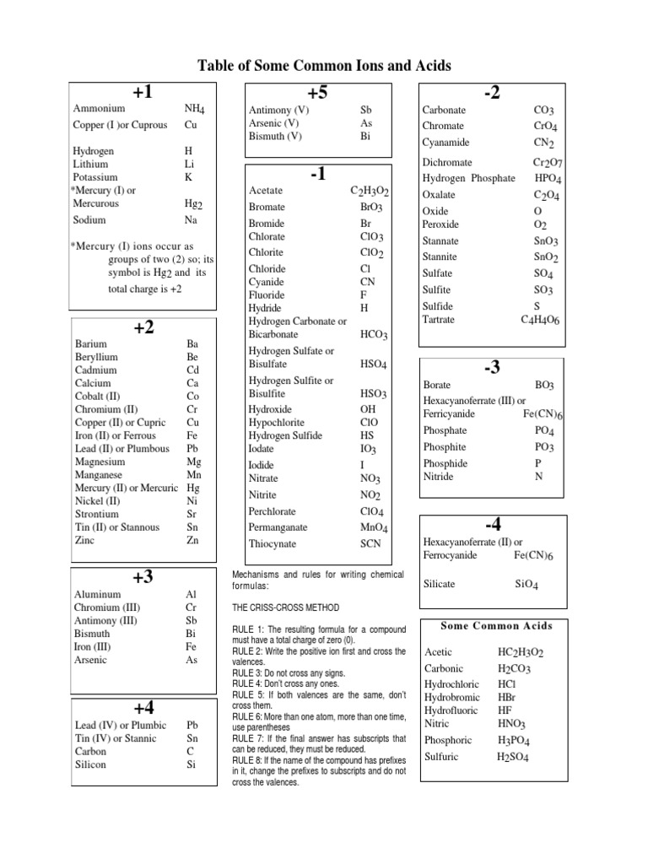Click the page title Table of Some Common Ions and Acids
click(324, 65)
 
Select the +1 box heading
click(142, 93)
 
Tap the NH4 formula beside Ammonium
click(195, 110)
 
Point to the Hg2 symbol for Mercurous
click(194, 204)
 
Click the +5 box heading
click(317, 93)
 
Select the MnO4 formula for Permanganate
click(372, 527)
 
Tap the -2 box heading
click(492, 93)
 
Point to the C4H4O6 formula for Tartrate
click(540, 321)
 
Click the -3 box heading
click(492, 367)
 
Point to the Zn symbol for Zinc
click(192, 540)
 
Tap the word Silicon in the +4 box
click(90, 764)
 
